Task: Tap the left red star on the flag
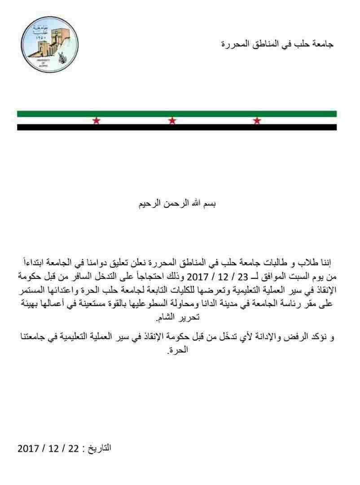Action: pos(96,120)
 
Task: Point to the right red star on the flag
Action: pos(257,120)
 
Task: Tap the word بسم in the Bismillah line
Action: pos(210,204)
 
